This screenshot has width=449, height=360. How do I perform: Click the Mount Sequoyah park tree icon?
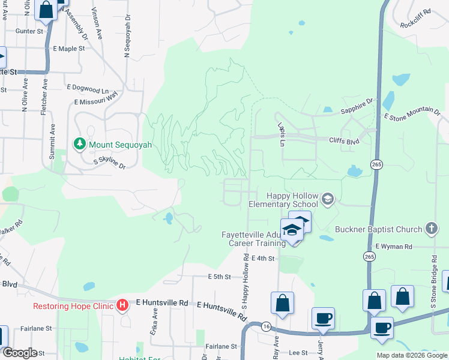point(79,144)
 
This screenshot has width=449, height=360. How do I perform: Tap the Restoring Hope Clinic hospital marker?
point(122,305)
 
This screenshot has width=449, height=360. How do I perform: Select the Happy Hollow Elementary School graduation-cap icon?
point(327,199)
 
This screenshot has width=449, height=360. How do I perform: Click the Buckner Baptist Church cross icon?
point(430,229)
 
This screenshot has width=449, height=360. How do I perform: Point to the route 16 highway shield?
point(265,327)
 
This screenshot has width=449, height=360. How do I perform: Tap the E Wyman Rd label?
point(394,247)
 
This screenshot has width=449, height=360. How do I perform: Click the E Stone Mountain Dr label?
point(412,113)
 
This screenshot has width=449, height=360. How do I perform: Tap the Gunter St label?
point(31,31)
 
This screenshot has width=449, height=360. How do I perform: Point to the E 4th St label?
point(262,258)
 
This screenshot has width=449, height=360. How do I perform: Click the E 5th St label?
point(219,277)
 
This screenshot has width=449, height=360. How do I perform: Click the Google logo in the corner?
point(20,353)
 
